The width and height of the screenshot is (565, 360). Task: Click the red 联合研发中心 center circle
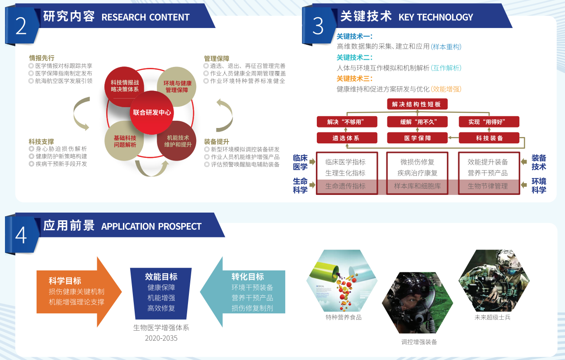click(x=152, y=113)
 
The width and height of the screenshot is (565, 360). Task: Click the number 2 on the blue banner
click(x=21, y=26)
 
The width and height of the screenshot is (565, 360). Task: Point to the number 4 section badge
click(x=21, y=235)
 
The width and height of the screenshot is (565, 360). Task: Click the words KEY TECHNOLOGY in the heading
click(x=436, y=17)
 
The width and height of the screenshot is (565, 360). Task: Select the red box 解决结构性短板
click(x=417, y=104)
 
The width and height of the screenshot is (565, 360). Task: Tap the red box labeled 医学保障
click(x=417, y=138)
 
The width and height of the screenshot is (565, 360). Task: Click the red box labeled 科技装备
click(x=489, y=138)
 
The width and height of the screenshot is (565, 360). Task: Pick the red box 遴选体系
click(x=347, y=138)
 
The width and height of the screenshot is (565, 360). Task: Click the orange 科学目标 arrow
click(x=79, y=292)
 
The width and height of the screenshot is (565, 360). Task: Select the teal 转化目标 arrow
click(x=243, y=292)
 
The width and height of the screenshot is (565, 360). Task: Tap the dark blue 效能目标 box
click(x=161, y=294)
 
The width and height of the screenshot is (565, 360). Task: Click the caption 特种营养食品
click(x=344, y=317)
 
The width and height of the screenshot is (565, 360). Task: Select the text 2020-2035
click(x=161, y=338)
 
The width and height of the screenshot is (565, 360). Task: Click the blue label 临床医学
click(x=300, y=162)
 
